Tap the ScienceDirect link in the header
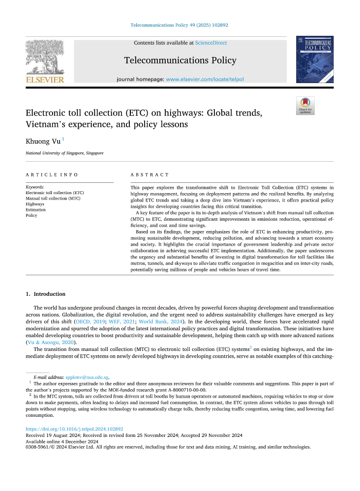pyautogui.click(x=210, y=43)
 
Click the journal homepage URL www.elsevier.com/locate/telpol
pyautogui.click(x=205, y=79)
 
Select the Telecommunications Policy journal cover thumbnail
pyautogui.click(x=314, y=59)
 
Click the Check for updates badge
pyautogui.click(x=305, y=106)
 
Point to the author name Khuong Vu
pyautogui.click(x=43, y=142)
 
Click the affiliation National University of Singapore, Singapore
pyautogui.click(x=64, y=153)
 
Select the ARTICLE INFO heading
pyautogui.click(x=52, y=175)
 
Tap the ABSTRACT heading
pyautogui.click(x=150, y=175)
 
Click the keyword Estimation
pyautogui.click(x=35, y=209)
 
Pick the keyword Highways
pyautogui.click(x=35, y=203)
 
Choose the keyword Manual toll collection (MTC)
pyautogui.click(x=53, y=198)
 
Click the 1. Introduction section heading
pyautogui.click(x=45, y=294)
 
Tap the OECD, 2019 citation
pyautogui.click(x=87, y=321)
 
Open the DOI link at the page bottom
pyautogui.click(x=74, y=429)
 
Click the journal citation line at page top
pyautogui.click(x=180, y=25)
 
